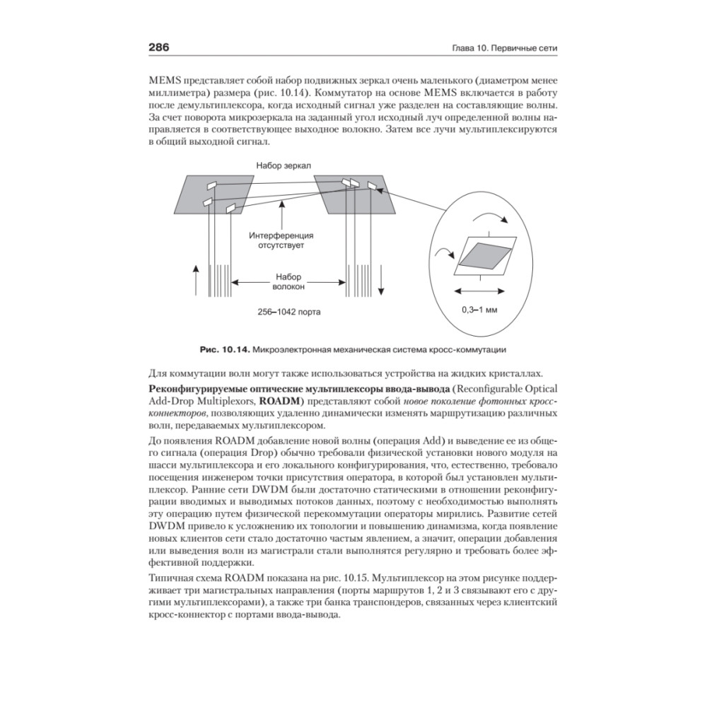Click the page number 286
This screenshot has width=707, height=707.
click(x=158, y=48)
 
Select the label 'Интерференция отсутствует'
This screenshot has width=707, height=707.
click(x=281, y=240)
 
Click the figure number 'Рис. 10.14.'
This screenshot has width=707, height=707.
click(x=224, y=349)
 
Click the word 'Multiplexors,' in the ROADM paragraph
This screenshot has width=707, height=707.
click(x=217, y=402)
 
